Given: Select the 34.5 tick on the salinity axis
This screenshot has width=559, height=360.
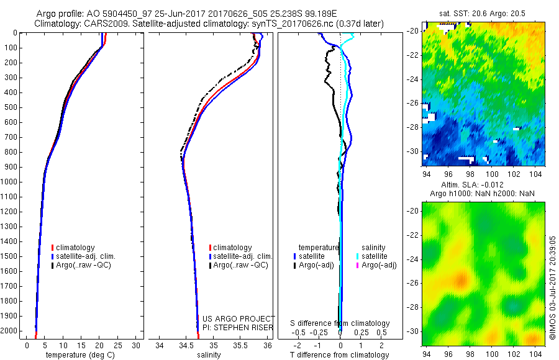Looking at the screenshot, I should point(186,344).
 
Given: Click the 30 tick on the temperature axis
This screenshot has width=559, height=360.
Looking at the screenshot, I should point(136,344).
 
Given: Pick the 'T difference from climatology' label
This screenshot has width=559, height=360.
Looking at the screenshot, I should point(340,355).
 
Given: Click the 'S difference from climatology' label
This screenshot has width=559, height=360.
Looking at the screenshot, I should point(340,323).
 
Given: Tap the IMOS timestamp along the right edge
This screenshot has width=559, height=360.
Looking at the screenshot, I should point(553,287).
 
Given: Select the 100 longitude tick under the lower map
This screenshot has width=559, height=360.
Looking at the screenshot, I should point(493,354).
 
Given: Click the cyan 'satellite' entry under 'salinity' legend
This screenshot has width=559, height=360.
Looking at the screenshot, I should point(375,256).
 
